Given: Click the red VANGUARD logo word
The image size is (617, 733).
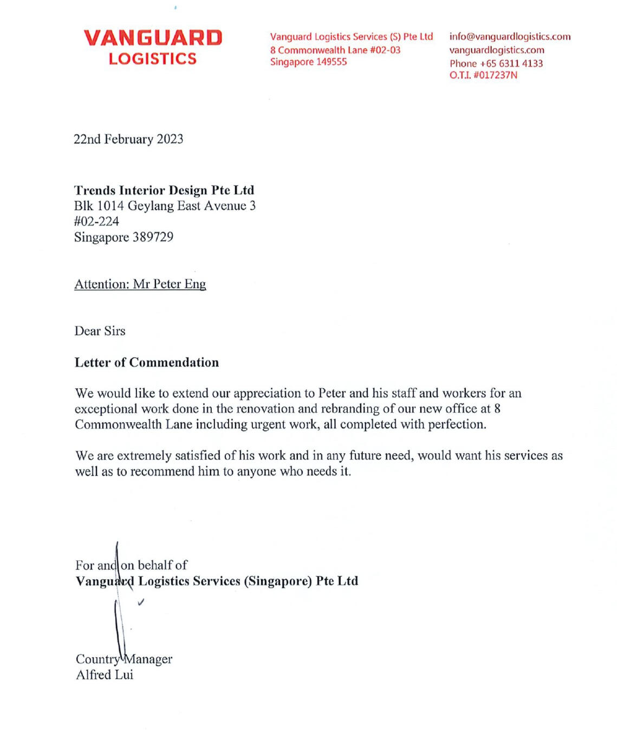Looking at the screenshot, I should click(x=153, y=38).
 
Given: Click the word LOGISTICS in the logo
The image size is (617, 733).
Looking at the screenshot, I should click(x=153, y=58).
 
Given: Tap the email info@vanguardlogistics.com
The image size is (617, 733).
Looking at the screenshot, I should click(x=510, y=36).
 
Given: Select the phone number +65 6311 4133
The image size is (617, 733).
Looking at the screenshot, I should click(x=511, y=63).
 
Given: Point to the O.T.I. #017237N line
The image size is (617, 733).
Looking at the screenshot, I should click(x=483, y=75).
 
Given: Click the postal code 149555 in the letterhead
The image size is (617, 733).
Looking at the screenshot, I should click(x=332, y=62).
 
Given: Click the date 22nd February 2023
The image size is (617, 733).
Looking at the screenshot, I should click(x=128, y=139).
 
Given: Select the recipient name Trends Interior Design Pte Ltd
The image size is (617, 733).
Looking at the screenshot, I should click(x=164, y=190).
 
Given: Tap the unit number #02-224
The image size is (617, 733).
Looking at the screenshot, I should click(x=96, y=221).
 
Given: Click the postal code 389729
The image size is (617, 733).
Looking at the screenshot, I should click(x=153, y=237).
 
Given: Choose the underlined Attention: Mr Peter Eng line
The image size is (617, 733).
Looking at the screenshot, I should click(x=140, y=284).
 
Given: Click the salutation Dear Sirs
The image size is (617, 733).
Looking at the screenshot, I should click(x=100, y=331).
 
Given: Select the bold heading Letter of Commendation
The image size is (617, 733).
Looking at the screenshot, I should click(x=147, y=362).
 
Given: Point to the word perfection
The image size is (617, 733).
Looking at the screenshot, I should click(x=456, y=424).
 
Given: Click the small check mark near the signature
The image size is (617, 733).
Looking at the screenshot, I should click(x=141, y=601).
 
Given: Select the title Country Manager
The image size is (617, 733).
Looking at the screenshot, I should click(x=124, y=659).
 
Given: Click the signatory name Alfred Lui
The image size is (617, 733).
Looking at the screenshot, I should click(x=105, y=675).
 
